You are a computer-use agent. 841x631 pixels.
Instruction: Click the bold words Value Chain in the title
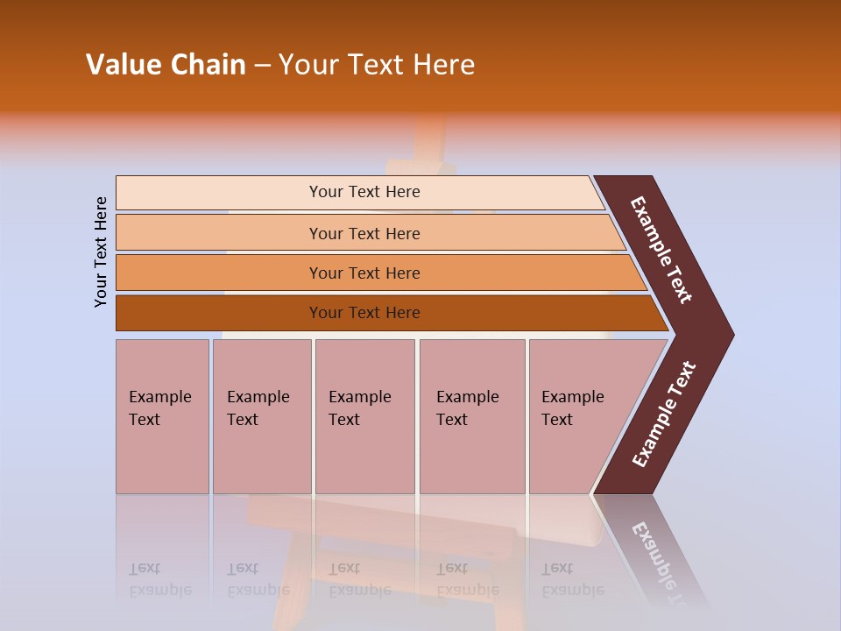coord(166,65)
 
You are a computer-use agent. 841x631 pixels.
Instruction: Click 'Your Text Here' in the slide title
coord(377,65)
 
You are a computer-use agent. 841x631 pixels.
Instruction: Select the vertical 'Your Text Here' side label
coord(101,252)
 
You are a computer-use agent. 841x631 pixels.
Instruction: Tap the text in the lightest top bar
coord(364,192)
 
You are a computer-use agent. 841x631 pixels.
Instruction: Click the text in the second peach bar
coord(364,234)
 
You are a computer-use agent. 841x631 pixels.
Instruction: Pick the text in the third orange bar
coord(364,273)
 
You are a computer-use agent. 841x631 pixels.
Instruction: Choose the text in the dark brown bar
coord(364,313)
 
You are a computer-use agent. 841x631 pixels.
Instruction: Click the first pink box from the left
coord(162,415)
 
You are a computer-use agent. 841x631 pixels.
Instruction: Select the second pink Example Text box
coord(261,415)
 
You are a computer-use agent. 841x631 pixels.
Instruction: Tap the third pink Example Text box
coord(364,415)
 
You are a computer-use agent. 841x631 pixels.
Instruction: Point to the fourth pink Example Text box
coord(471,415)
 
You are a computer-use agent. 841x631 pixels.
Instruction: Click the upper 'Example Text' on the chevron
coord(661,250)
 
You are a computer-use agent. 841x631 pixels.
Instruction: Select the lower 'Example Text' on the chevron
coord(664,415)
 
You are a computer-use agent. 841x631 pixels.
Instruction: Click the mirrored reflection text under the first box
coord(159,579)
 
